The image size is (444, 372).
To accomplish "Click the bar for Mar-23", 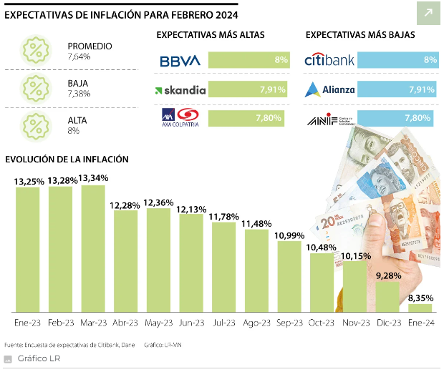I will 93,248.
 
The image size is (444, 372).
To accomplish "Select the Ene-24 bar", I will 420,308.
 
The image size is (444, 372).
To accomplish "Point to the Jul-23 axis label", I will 223,323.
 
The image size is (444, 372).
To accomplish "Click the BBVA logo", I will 180,61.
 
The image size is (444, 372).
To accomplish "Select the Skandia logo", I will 180,90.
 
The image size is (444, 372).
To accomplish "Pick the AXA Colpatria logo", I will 180,117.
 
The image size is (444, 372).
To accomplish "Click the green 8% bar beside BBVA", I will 248,60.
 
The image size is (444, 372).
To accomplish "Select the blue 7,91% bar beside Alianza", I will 397,89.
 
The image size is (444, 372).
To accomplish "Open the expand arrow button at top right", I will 428,13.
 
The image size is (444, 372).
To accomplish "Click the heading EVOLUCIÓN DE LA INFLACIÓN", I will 67,159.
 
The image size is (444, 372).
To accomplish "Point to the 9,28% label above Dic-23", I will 387,274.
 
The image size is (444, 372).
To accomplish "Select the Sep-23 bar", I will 289,276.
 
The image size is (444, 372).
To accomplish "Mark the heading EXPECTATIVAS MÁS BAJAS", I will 360,35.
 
